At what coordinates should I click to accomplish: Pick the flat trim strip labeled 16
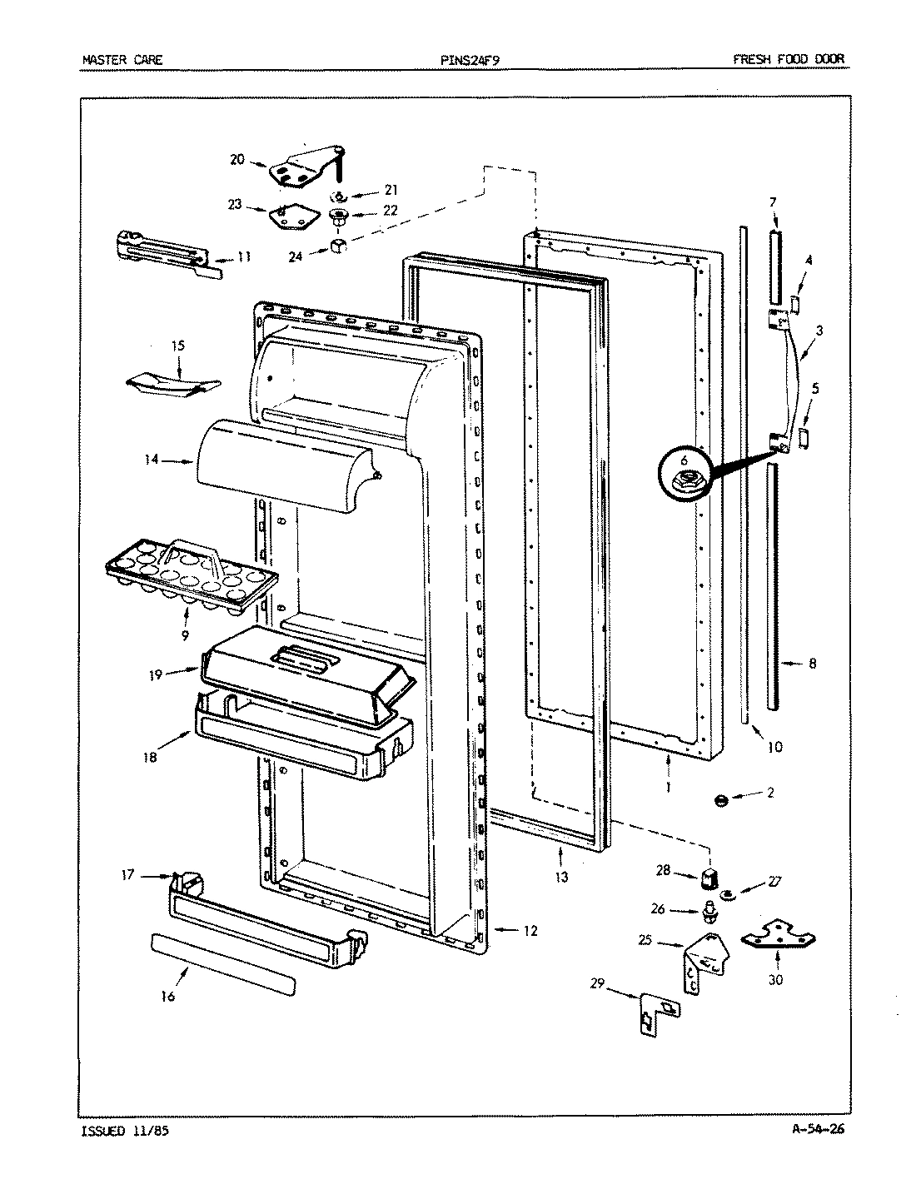point(223,963)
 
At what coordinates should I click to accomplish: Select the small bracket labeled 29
point(657,1013)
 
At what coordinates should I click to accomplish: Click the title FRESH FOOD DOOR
point(788,60)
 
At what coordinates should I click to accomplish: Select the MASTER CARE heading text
point(123,60)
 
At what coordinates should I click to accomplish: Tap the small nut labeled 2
point(721,800)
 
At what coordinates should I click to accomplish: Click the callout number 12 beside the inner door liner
point(530,931)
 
